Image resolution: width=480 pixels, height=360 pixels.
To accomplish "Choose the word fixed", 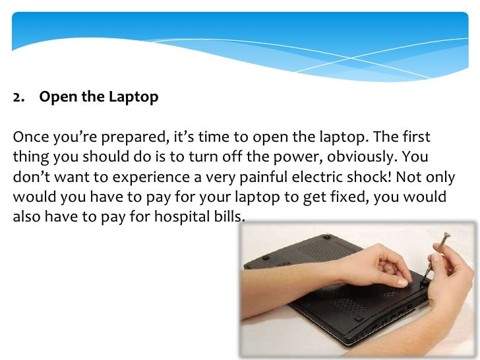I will click(x=337, y=197).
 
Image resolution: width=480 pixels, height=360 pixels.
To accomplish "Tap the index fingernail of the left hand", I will click(x=402, y=282).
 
